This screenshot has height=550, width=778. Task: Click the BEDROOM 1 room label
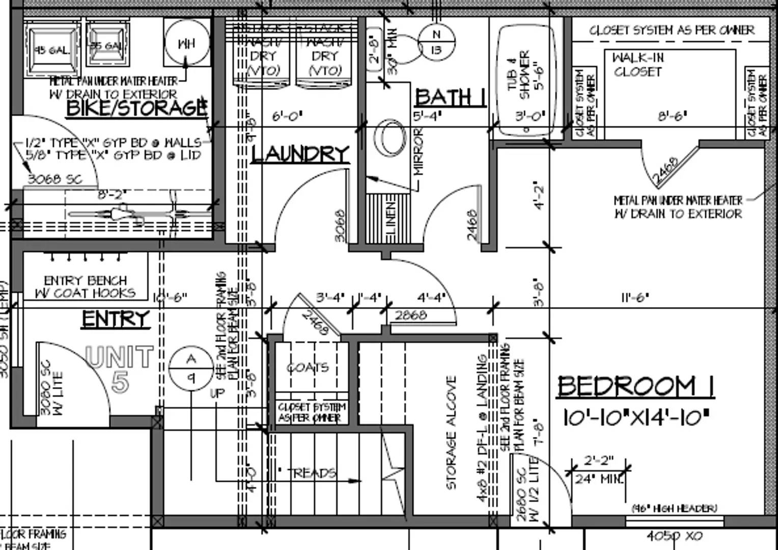point(635,386)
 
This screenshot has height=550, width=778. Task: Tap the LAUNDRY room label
point(300,154)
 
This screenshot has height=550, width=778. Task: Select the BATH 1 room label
point(450,97)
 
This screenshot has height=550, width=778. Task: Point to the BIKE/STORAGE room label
point(136,108)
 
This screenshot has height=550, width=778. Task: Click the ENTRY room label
point(116,319)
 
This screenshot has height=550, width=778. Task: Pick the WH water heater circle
point(186,43)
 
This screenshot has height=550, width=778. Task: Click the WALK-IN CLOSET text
point(638,65)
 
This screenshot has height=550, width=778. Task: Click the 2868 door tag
point(411,315)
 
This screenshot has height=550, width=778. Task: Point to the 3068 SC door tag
point(54,179)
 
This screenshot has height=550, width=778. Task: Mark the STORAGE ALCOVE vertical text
point(451,433)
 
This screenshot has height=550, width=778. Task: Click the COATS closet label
point(308,367)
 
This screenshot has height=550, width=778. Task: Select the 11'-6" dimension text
point(634,297)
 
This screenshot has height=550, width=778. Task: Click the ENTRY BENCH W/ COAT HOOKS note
point(85,287)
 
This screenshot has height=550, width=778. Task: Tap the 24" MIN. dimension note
point(599,479)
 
